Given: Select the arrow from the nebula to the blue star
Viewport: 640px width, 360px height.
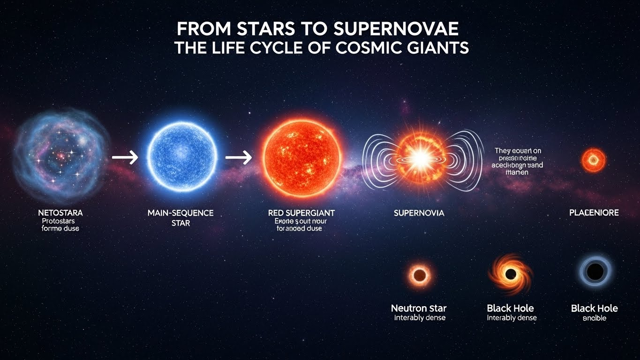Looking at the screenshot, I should click(125, 157).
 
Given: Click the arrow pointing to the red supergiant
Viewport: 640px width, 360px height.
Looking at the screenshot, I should click(239, 157).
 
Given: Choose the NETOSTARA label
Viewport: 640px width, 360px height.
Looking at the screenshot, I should click(60, 213).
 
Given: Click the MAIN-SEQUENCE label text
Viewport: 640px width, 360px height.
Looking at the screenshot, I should click(181, 213).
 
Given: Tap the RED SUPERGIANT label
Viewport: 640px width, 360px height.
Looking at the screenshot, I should click(301, 213).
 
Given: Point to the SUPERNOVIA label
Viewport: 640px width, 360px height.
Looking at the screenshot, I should click(419, 213).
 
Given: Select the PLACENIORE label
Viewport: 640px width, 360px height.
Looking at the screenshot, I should click(594, 213).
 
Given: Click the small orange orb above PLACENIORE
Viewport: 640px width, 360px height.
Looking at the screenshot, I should click(594, 160).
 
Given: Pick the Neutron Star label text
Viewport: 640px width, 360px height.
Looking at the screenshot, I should click(419, 308).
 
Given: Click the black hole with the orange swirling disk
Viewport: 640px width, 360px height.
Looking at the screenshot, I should click(511, 274).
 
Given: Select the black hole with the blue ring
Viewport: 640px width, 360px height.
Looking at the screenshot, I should click(595, 272).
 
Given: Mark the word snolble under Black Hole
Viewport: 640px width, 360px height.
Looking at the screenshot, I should click(595, 318).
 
